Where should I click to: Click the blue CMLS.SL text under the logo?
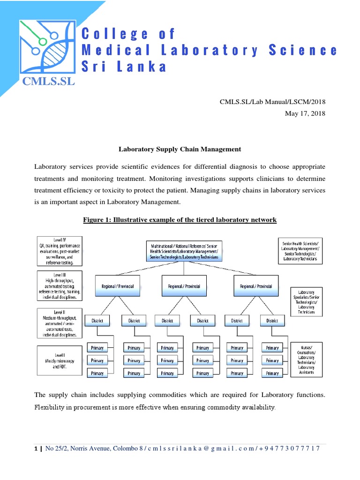pyautogui.click(x=49, y=82)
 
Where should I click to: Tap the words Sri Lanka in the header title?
pyautogui.click(x=124, y=67)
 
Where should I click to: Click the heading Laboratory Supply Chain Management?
pyautogui.click(x=180, y=149)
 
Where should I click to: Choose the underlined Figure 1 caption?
pyautogui.click(x=180, y=219)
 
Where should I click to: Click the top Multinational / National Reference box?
pyautogui.click(x=184, y=251)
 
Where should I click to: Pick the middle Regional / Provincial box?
pyautogui.click(x=184, y=286)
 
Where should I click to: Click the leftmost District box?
pyautogui.click(x=97, y=321)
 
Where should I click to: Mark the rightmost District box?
pyautogui.click(x=272, y=321)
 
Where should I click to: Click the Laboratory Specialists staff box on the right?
pyautogui.click(x=306, y=302)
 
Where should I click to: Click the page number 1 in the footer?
pyautogui.click(x=36, y=448)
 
